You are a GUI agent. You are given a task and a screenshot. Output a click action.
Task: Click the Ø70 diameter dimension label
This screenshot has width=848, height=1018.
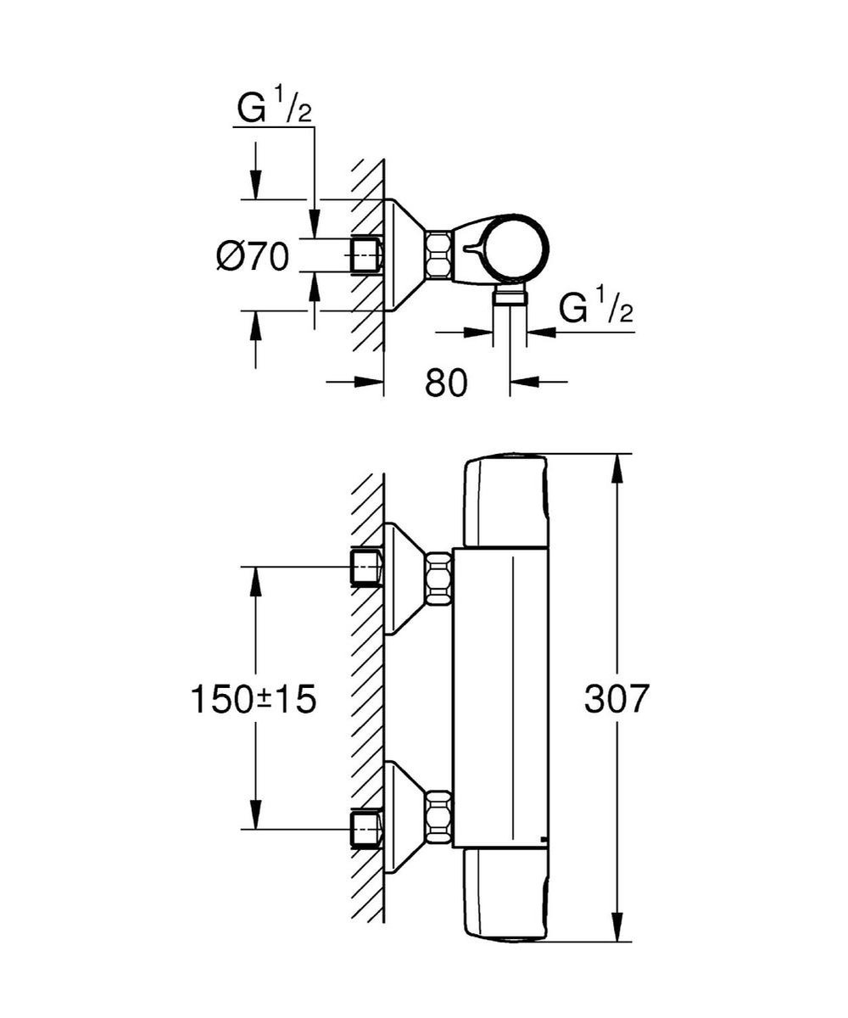coord(253,256)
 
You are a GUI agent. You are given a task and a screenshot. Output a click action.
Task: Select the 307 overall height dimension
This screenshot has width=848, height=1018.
coord(617,698)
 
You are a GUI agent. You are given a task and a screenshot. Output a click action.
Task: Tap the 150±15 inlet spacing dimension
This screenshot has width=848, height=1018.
coord(254,699)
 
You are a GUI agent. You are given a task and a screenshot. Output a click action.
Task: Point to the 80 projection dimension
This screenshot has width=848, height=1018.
coord(446,383)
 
